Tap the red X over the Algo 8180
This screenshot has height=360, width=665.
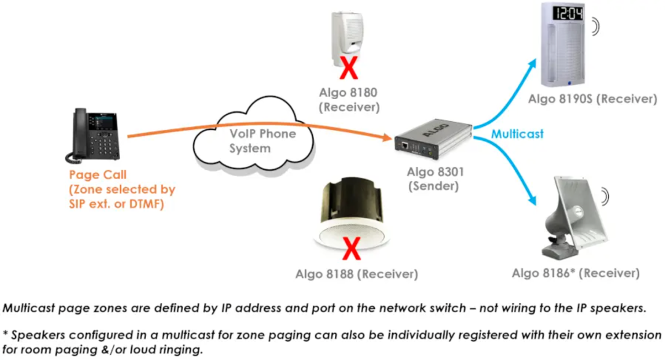point(349,69)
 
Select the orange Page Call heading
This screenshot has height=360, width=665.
point(98,175)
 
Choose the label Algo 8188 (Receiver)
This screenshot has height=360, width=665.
point(357,274)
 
